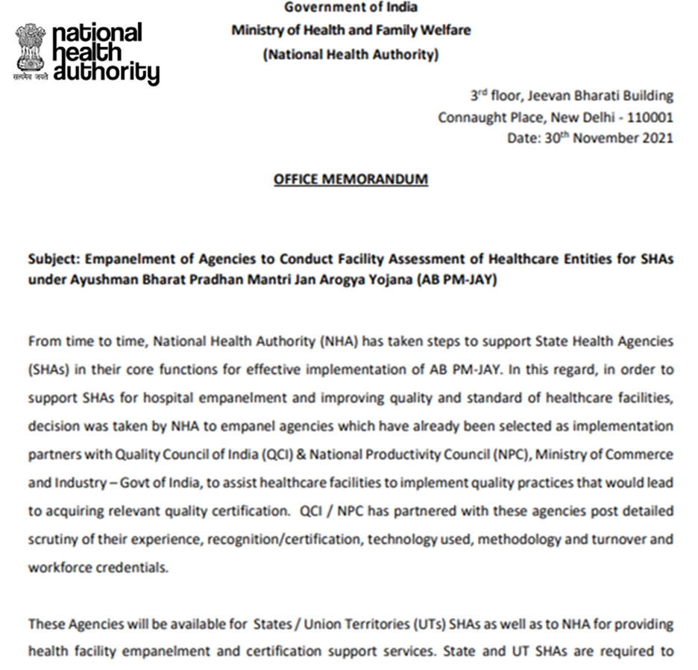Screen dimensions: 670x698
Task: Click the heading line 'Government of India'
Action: [x=350, y=7]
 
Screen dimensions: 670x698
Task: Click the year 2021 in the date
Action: [x=658, y=138]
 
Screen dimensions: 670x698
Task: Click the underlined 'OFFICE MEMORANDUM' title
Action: [x=350, y=180]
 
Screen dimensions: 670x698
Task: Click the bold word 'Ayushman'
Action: [x=94, y=280]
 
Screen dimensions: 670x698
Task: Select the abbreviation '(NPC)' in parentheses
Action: [x=477, y=454]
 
